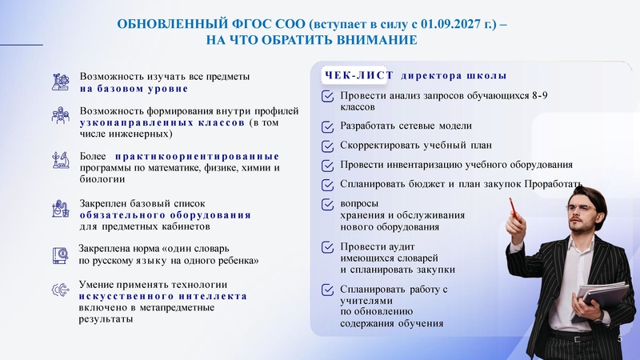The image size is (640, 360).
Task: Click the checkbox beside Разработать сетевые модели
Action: pos(327,126)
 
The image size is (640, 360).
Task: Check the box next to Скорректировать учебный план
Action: pos(327,146)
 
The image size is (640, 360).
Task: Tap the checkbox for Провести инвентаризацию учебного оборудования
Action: pos(327,166)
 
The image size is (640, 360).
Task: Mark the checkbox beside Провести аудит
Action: pos(327,247)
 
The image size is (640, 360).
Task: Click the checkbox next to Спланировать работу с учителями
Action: pos(327,290)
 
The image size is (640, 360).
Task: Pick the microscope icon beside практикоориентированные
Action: pos(60,158)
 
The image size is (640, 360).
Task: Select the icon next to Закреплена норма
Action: pos(60,254)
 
